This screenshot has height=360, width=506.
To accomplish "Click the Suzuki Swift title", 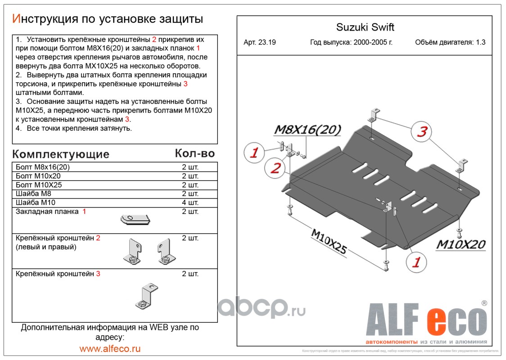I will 365,27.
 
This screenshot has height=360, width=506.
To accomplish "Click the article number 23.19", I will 260,43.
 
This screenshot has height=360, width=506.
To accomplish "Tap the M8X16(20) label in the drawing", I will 307,130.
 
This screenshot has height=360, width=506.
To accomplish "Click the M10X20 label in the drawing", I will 461,244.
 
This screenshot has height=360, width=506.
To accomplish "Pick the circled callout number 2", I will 276,168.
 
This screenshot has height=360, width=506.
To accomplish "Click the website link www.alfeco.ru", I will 110,348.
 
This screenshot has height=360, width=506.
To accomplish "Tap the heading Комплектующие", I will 61,154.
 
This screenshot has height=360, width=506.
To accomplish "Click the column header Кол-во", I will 194,153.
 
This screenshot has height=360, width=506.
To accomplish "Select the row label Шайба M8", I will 33,194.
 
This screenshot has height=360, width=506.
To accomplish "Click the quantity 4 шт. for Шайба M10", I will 190,202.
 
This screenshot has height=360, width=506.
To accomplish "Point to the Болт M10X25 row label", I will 39,185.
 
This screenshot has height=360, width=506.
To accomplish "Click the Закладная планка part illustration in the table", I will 135,219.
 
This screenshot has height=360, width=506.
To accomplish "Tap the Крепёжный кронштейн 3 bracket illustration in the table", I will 145,297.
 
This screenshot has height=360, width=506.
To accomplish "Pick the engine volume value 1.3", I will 481,43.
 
